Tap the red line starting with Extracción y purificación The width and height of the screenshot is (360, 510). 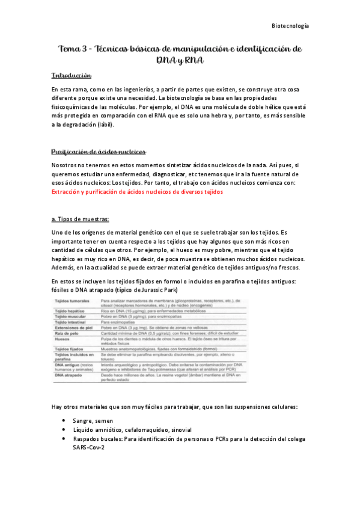[x=137, y=192]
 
